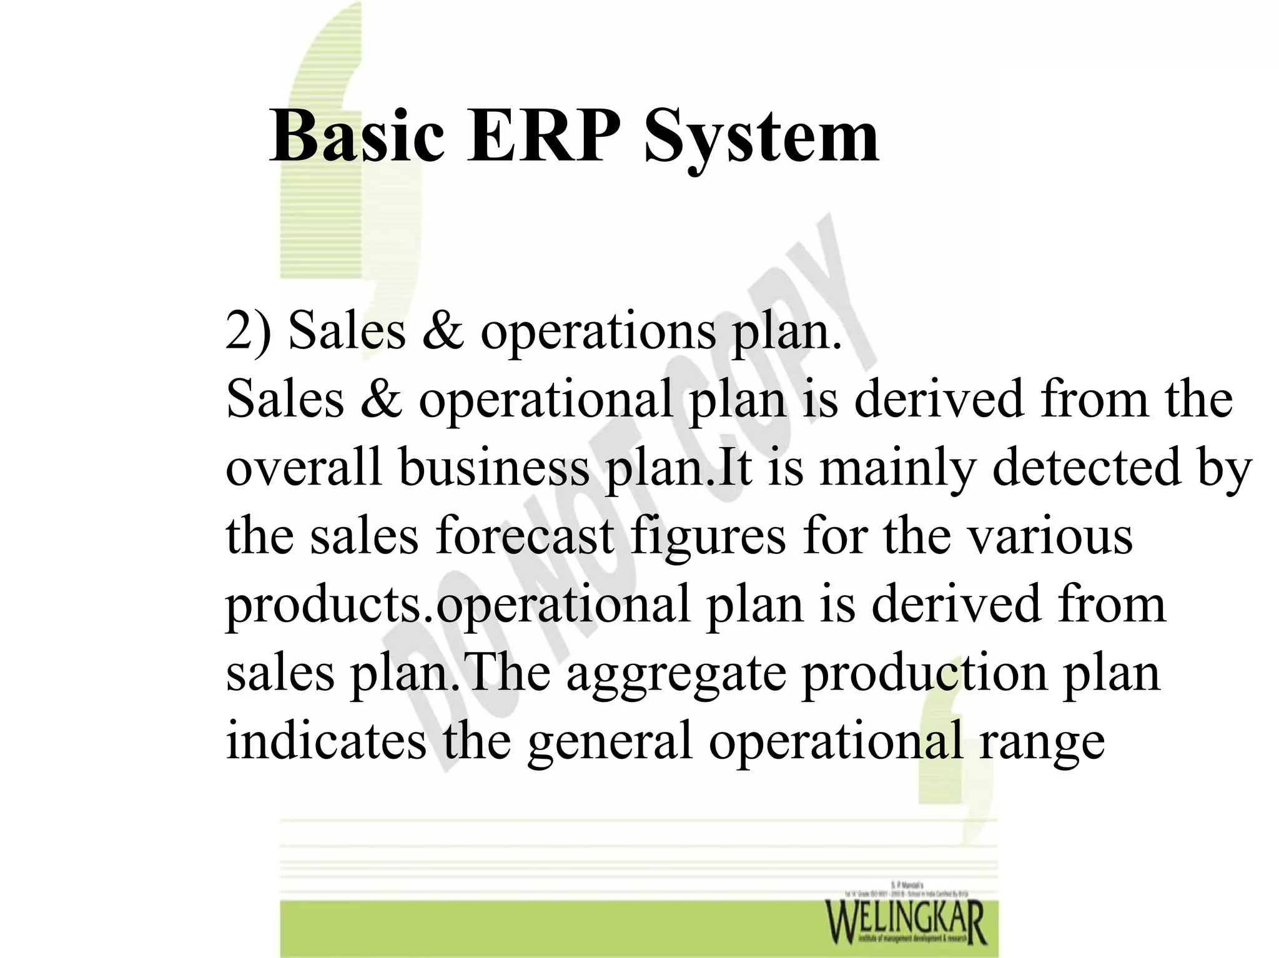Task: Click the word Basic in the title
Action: (357, 136)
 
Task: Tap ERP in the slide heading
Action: (544, 136)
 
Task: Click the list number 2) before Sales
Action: (249, 331)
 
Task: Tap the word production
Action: (924, 674)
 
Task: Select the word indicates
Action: (326, 741)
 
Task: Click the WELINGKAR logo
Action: (906, 921)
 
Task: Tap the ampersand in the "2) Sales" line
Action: (443, 331)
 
